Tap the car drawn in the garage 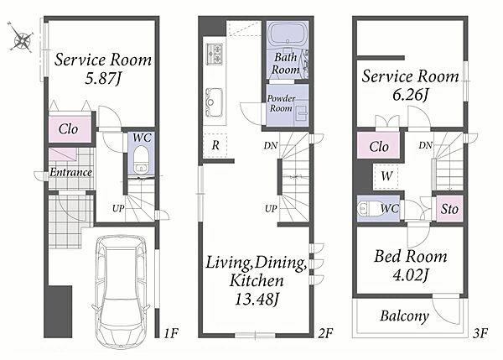[121, 291]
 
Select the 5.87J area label [102, 78]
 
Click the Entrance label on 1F [71, 173]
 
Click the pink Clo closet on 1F [70, 129]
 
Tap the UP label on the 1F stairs [118, 208]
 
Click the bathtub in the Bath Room [288, 34]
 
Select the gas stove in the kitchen [215, 54]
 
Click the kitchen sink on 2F [214, 102]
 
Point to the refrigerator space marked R [215, 145]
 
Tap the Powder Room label [281, 103]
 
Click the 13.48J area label [257, 300]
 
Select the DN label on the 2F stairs [271, 145]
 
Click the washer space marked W [386, 176]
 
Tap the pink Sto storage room [449, 209]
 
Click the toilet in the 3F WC [368, 208]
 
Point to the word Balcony [404, 316]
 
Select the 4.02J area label [411, 275]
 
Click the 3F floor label [480, 333]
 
